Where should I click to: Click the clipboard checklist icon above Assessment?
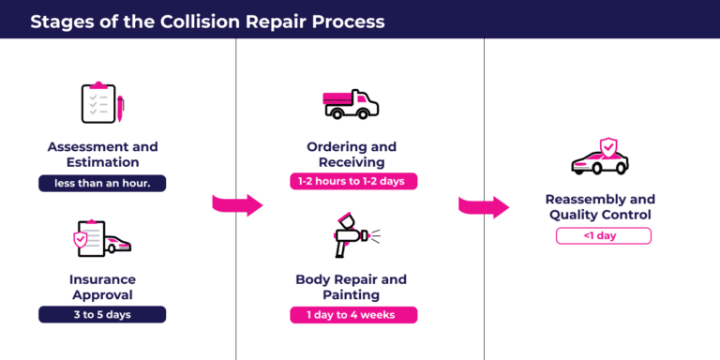97,103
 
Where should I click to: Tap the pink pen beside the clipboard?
120,107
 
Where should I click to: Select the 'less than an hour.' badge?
102,184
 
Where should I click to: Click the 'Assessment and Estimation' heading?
102,155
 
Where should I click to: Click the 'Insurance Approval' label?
102,286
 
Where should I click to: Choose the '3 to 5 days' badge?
102,315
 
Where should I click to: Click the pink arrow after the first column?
236,203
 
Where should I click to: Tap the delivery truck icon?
352,104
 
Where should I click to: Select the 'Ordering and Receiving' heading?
352,155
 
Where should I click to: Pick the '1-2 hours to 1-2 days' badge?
352,181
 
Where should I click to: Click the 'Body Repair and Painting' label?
352,286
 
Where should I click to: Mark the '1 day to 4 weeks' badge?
352,315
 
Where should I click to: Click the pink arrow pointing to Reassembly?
484,206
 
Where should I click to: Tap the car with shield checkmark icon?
599,159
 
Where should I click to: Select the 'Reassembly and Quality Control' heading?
600,207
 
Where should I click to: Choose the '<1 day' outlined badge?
603,236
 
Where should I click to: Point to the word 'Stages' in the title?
57,20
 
